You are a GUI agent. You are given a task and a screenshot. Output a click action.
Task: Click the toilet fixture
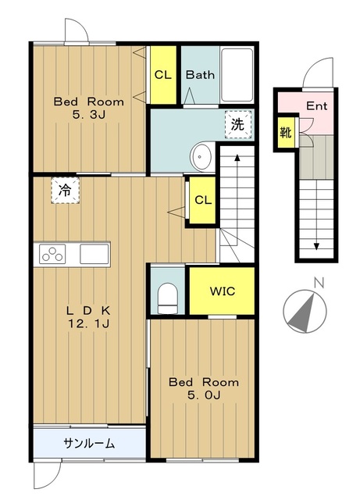pos(168,298)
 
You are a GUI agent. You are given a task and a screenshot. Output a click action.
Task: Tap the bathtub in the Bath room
pos(237,75)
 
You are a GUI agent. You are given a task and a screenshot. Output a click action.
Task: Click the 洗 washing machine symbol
pos(238,124)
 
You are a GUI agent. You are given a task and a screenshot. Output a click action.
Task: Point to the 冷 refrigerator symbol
pos(65,191)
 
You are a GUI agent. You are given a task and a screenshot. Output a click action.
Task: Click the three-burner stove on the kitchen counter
pos(52,254)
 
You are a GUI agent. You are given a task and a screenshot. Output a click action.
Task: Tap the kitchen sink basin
pos(94,254)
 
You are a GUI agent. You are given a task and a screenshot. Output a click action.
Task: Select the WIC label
pos(223,291)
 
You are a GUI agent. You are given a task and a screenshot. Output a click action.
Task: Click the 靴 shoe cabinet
pos(286,132)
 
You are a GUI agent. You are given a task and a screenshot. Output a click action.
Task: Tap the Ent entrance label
pos(316,106)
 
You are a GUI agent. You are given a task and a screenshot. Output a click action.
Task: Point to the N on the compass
pos(319,283)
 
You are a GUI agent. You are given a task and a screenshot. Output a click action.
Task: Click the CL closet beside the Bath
pos(163,75)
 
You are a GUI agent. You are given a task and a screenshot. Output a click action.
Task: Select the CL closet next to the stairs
pos(203,200)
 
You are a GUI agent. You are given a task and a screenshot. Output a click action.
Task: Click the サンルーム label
pos(89,443)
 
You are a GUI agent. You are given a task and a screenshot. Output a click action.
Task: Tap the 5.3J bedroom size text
pos(89,115)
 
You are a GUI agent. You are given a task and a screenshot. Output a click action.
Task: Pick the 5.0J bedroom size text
pos(204,395)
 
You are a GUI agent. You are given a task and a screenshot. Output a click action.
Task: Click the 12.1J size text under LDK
pos(89,323)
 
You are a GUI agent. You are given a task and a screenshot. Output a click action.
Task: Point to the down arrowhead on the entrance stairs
pos(316,247)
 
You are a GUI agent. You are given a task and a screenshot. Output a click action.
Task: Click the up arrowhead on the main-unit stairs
pos(237,158)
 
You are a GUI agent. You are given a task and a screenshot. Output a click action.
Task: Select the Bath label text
pos(200,75)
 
